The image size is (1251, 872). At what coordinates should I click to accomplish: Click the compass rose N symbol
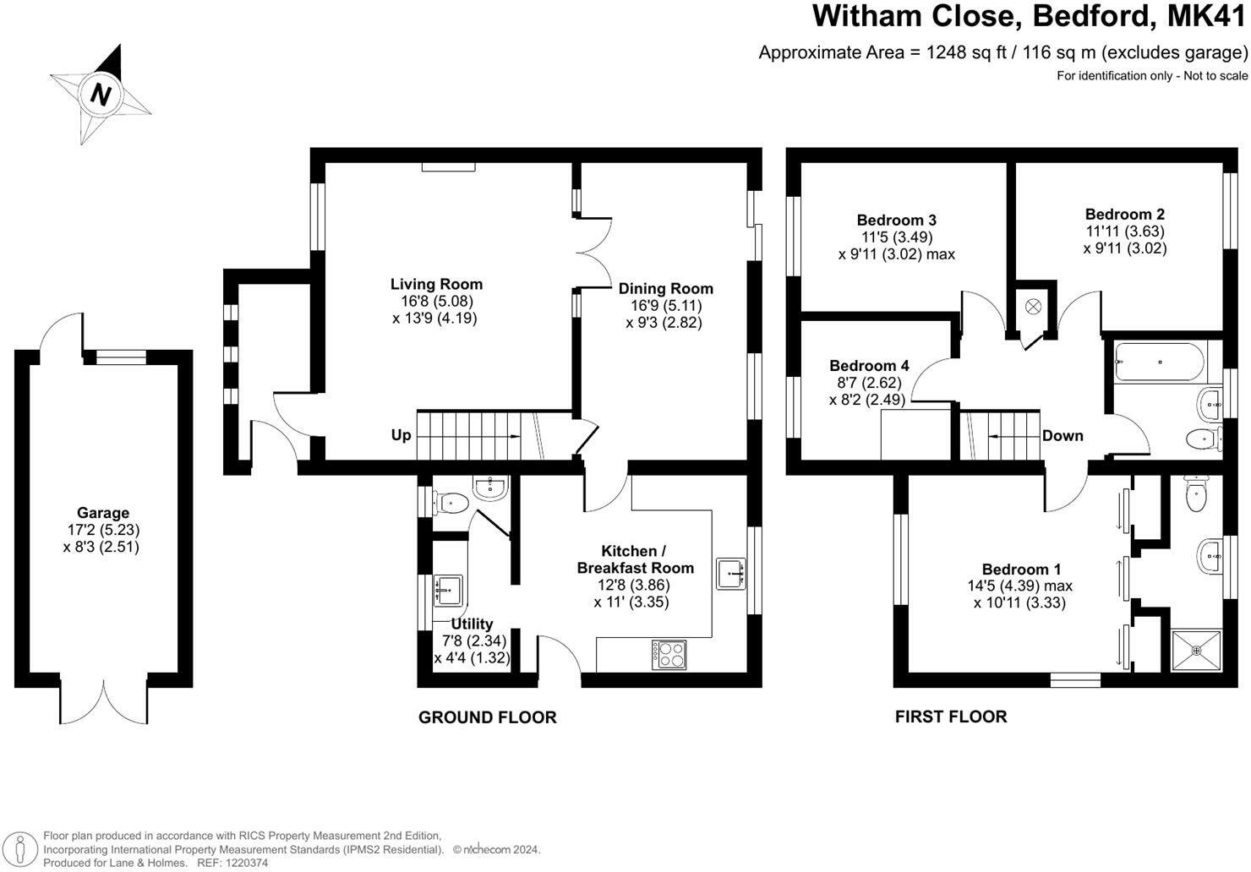click(x=101, y=93)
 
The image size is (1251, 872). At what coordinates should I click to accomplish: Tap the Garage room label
click(x=103, y=513)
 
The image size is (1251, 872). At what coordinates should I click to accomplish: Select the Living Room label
click(x=436, y=285)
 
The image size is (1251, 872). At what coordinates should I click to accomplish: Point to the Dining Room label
click(x=665, y=289)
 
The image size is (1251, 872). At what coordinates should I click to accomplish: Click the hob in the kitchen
click(x=669, y=655)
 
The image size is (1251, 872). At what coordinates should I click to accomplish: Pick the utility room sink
click(x=447, y=589)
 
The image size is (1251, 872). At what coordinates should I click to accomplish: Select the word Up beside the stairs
click(x=401, y=435)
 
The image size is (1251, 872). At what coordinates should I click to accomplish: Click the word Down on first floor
click(x=1063, y=436)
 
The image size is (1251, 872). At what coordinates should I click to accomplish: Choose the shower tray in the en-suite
click(x=1196, y=651)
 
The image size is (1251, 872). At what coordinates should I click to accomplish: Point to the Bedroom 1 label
click(x=1021, y=570)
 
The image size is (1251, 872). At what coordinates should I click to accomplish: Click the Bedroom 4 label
click(x=869, y=366)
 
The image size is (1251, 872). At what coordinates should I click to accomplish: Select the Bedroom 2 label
click(x=1124, y=215)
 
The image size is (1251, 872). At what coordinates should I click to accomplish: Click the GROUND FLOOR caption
click(x=488, y=717)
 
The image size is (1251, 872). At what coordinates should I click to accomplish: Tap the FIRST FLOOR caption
click(x=951, y=717)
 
